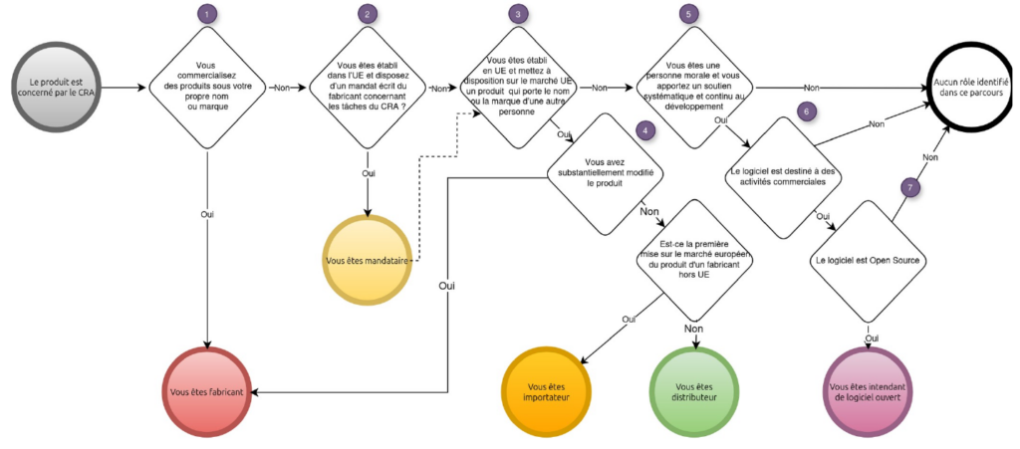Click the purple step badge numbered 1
(x=206, y=14)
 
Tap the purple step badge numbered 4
(x=644, y=130)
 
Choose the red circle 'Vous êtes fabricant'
(x=207, y=392)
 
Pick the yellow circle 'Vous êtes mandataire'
(x=369, y=260)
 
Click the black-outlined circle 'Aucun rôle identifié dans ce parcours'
(x=970, y=87)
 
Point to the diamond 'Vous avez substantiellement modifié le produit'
(x=601, y=174)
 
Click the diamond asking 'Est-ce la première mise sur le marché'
(x=694, y=259)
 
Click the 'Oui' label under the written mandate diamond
(x=369, y=173)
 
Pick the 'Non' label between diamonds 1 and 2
(x=282, y=87)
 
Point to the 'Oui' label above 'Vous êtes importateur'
(x=629, y=319)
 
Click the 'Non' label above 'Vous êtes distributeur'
(x=694, y=329)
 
